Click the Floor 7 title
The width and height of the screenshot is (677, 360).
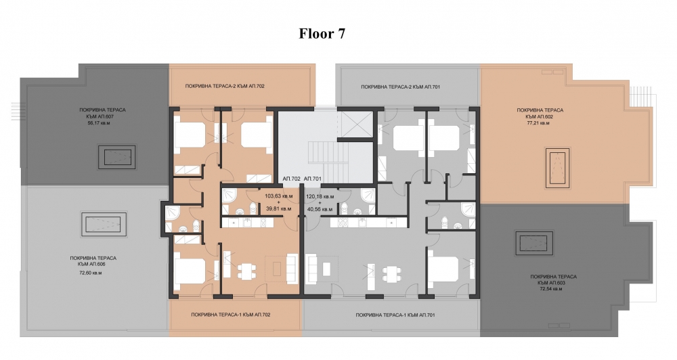322,34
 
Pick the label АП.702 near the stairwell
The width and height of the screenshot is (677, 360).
291,178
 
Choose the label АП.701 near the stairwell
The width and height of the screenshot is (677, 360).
313,178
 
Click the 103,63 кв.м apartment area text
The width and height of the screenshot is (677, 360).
278,196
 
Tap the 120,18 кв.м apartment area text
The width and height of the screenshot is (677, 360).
320,196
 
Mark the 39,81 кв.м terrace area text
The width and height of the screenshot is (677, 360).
278,209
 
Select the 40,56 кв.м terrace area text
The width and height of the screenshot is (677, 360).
320,209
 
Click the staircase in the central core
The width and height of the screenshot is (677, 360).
328,153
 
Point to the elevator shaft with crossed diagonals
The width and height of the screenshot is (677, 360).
355,124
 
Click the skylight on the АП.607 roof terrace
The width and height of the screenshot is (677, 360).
117,157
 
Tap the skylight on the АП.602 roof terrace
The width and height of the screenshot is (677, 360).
558,168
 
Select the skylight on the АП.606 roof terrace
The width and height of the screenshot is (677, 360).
104,224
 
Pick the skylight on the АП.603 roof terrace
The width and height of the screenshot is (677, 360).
534,243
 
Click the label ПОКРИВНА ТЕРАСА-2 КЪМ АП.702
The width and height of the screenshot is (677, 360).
225,87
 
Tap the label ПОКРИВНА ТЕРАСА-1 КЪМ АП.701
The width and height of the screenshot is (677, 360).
395,315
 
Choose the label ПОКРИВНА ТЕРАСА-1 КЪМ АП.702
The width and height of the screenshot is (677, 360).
231,315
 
